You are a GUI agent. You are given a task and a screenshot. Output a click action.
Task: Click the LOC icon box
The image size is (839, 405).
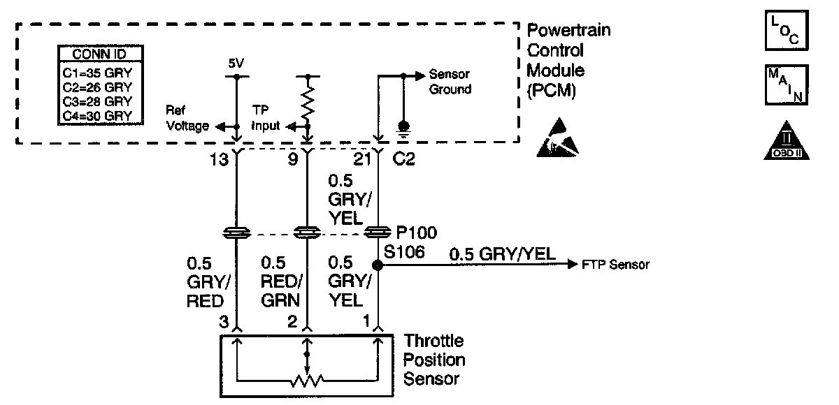coord(787,30)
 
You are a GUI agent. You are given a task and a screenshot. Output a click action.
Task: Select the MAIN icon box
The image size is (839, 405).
coord(787,85)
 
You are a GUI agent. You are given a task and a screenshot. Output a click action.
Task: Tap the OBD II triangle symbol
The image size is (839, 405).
coord(787,141)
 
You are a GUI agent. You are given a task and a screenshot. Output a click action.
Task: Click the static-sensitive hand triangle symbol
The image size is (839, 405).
coord(558,138)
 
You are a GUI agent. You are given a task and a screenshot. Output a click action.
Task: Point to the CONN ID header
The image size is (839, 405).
coord(99,54)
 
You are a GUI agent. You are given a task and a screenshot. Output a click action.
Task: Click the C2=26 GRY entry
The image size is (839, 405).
coord(97,87)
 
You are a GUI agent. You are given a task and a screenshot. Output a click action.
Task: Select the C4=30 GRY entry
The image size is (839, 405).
coord(97,116)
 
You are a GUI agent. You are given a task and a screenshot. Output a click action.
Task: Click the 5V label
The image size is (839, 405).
coord(236,64)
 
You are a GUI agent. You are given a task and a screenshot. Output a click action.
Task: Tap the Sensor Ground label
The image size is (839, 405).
coord(450,82)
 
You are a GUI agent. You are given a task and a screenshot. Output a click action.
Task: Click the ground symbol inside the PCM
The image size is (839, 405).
coord(403,129)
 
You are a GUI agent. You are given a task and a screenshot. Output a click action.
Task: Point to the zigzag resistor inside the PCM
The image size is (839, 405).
coord(308,101)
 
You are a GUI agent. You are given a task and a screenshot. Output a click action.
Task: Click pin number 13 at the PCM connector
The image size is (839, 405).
coord(219,160)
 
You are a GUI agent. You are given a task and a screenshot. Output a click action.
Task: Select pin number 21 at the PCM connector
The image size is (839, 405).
coord(362,160)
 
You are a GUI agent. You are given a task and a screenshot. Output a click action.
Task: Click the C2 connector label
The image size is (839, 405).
coord(404,159)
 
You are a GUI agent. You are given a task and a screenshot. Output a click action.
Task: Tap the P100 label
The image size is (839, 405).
coord(417,233)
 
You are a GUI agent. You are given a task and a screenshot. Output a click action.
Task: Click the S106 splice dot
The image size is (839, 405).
coord(378,265)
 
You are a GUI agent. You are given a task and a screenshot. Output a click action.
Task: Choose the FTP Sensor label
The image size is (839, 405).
coord(615,265)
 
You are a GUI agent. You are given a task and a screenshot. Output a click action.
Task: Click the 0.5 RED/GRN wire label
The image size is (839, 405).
coord(281,281)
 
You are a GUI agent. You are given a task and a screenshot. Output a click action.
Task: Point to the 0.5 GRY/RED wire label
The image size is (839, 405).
coord(208,282)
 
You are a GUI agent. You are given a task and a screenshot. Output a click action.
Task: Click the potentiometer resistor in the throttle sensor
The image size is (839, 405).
coord(307,381)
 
